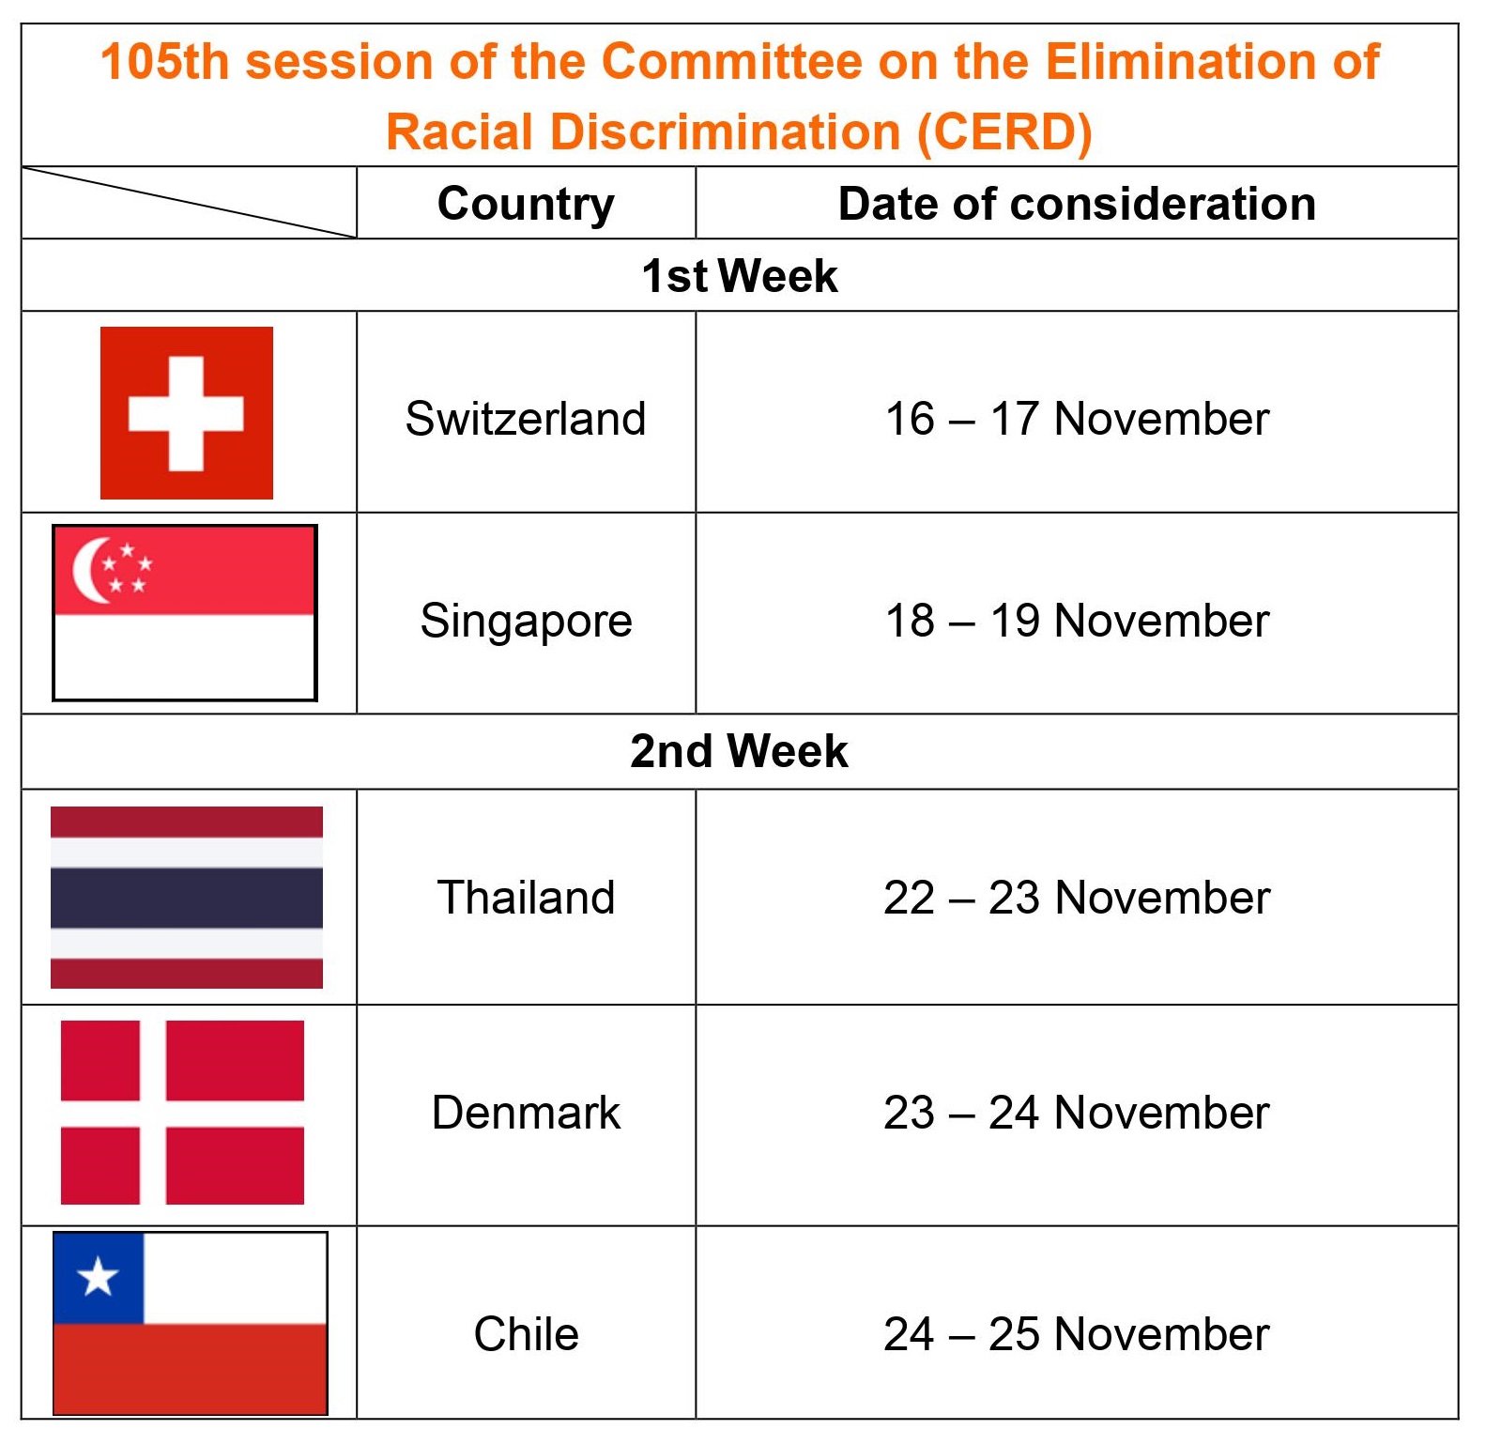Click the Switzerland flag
coord(187,413)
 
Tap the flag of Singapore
coord(185,613)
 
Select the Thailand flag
coord(187,898)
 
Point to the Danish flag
coord(182,1113)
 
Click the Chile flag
coord(191,1323)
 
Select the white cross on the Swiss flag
coord(186,413)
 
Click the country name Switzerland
coord(526,419)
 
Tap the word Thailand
coord(526,898)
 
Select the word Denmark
coord(526,1113)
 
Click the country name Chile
coord(526,1334)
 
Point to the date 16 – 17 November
coord(1077,419)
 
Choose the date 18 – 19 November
coord(1077,621)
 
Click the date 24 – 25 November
coord(1077,1334)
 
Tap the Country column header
coord(526,205)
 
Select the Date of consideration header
coord(1077,204)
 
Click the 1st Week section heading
coord(740,276)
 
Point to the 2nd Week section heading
coord(739,751)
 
